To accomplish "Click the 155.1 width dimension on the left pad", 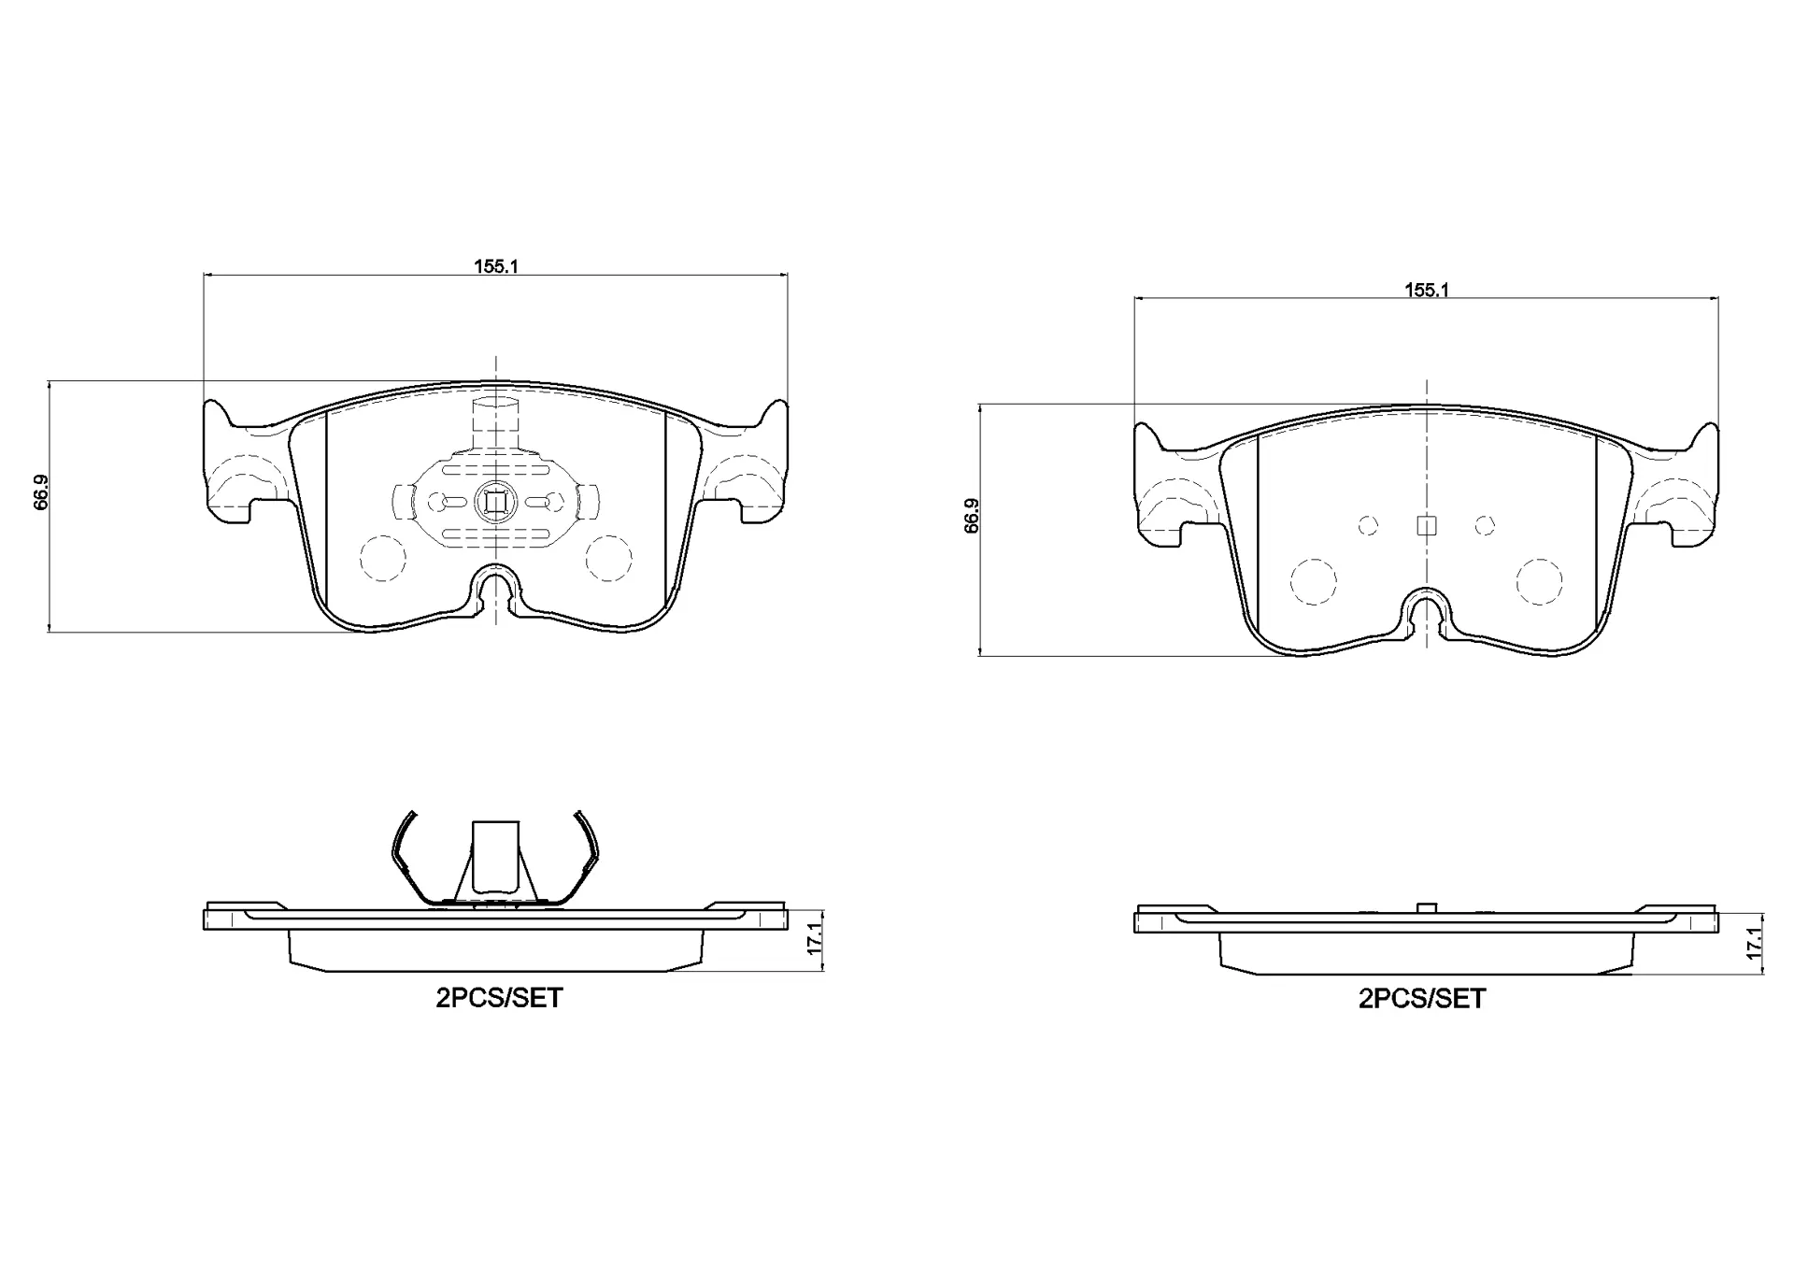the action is (495, 265).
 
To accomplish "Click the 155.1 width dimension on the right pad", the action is (1426, 290).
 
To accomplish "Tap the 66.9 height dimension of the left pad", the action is (41, 492).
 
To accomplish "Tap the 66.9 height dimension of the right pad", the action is (972, 516).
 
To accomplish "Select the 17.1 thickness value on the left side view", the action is (814, 938).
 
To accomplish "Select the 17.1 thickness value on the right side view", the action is (1754, 940).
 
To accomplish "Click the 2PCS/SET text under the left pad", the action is (499, 998).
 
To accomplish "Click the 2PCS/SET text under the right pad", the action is (1421, 999).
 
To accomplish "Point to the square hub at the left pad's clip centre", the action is (494, 504).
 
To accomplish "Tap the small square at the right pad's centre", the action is (1426, 526).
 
